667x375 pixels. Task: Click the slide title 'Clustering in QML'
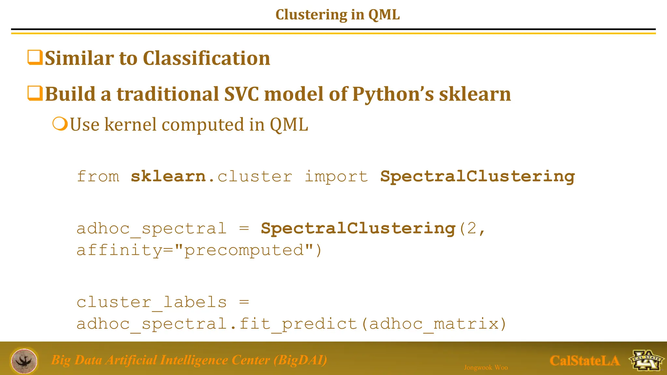(x=337, y=15)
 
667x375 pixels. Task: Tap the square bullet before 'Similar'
(x=35, y=57)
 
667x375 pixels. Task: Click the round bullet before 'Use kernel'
(x=60, y=124)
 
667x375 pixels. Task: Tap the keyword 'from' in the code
(x=98, y=176)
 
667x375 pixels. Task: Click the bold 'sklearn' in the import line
(x=168, y=176)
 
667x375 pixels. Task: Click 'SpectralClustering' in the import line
(x=477, y=176)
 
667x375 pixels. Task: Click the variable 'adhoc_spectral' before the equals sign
(x=151, y=229)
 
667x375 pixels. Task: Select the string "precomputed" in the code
(x=244, y=250)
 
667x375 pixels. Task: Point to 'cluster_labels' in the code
(x=151, y=302)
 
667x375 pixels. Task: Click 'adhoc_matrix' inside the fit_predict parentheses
(x=434, y=324)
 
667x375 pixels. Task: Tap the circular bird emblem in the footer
(x=24, y=361)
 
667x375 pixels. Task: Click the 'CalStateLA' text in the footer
(x=584, y=361)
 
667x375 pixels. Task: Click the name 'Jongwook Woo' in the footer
(x=486, y=368)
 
